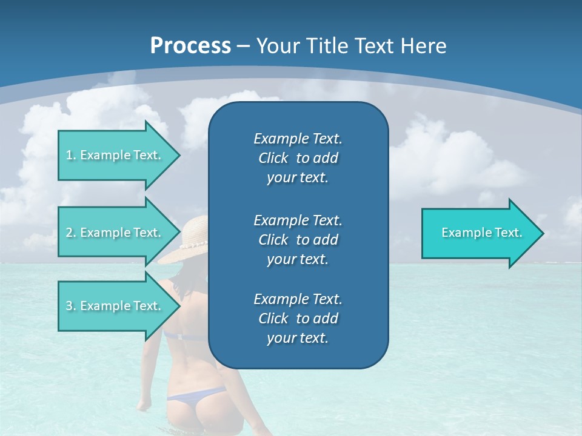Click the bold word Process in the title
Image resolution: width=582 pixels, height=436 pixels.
pos(190,46)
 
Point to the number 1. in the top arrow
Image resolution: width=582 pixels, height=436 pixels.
pos(70,155)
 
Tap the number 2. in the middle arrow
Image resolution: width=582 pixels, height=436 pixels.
pos(70,233)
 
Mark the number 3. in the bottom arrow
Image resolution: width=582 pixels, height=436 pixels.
pos(70,306)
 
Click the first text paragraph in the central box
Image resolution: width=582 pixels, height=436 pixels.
pos(298,158)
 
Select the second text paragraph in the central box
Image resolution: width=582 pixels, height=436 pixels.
pos(298,239)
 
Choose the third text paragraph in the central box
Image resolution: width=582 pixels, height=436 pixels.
pos(298,319)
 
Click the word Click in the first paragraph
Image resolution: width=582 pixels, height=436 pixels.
pos(273,159)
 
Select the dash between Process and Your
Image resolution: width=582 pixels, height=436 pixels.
pos(244,46)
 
